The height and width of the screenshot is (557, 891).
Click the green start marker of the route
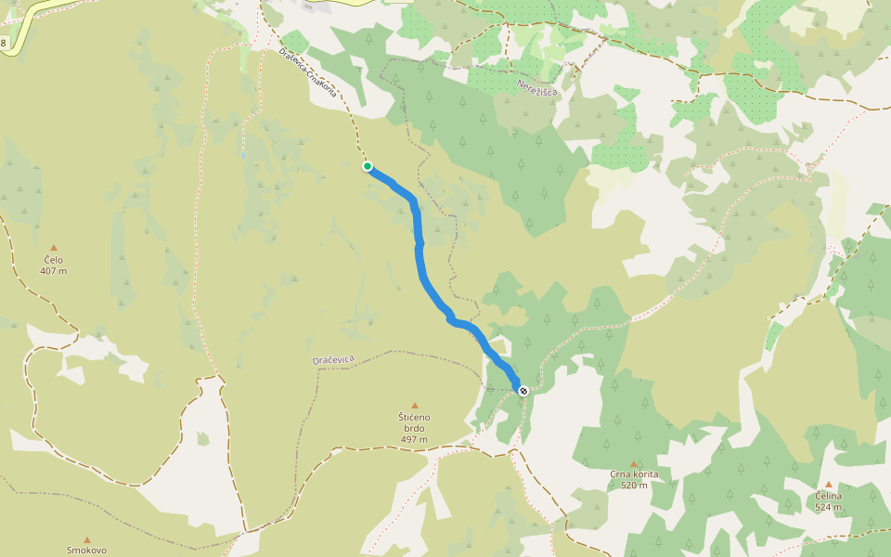[368, 166]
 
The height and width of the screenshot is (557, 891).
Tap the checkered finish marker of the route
[523, 391]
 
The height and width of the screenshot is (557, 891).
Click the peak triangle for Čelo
[54, 247]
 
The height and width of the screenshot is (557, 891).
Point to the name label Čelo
[54, 260]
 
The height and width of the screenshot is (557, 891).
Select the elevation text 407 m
[54, 271]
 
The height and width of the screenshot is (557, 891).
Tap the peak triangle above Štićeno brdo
[415, 405]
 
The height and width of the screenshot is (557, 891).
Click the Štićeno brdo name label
[415, 422]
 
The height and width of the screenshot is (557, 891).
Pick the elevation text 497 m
[415, 439]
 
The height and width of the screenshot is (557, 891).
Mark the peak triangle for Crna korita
[635, 463]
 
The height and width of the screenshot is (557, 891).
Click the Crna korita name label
[635, 474]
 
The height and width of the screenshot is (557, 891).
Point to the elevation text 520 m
[635, 486]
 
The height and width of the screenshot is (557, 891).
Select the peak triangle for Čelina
[829, 485]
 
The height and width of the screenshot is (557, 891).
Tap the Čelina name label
[829, 497]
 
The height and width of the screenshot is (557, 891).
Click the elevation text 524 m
[829, 508]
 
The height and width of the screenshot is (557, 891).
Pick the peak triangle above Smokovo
[87, 539]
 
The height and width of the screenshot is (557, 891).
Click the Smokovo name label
[87, 550]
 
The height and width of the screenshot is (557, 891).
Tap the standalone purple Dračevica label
[333, 359]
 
